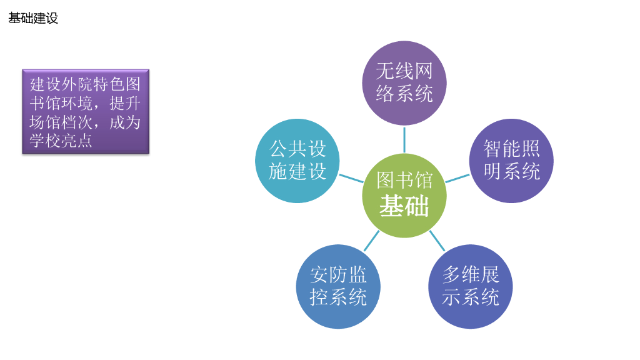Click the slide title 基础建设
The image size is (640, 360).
click(33, 18)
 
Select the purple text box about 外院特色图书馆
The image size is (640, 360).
click(86, 111)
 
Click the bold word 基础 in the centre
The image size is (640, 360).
click(404, 206)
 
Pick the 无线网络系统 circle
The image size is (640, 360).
click(404, 82)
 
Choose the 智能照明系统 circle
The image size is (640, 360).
click(511, 161)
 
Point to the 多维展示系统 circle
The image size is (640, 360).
click(470, 286)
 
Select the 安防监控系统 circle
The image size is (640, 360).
click(338, 286)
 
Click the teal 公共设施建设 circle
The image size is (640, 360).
click(297, 161)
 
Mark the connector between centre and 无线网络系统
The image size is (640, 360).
click(404, 139)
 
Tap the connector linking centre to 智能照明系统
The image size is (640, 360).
click(457, 178)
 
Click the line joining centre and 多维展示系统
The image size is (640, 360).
click(437, 241)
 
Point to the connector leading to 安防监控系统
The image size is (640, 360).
click(372, 241)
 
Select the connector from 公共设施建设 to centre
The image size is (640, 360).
click(351, 178)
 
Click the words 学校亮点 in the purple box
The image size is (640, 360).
click(61, 141)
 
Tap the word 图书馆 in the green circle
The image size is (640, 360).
click(404, 181)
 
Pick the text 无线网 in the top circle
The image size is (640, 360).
click(404, 71)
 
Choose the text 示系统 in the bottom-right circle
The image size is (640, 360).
click(470, 297)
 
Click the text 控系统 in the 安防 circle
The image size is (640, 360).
click(338, 297)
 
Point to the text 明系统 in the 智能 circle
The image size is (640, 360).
click(511, 171)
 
